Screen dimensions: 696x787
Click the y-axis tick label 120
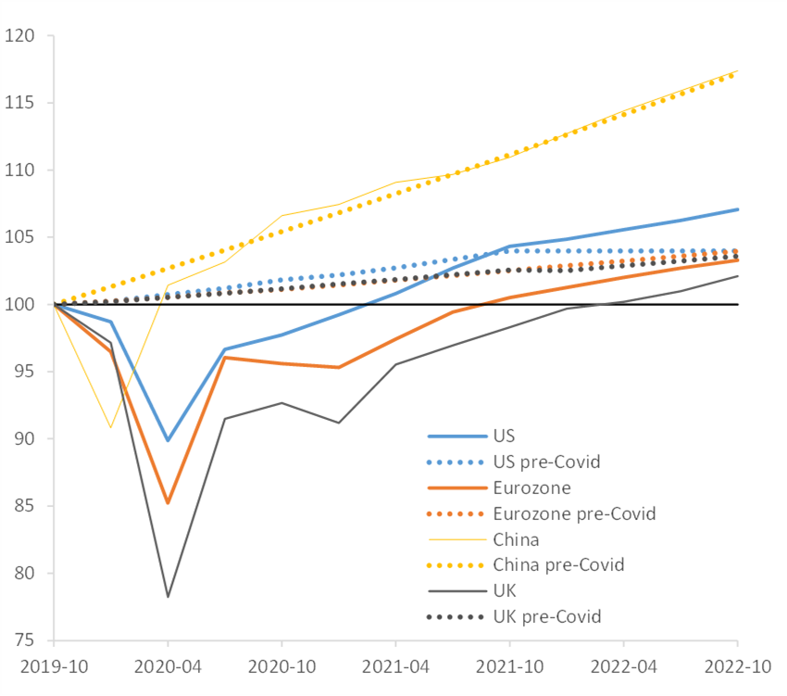tap(19, 36)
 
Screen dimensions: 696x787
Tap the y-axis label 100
tap(19, 305)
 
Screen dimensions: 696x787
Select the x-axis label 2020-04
tap(168, 667)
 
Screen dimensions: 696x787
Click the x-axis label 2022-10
tap(737, 667)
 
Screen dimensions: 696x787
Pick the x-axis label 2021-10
tap(509, 667)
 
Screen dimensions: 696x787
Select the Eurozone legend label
tap(532, 487)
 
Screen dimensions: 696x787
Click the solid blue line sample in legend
tap(456, 436)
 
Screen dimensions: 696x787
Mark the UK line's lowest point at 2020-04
tap(168, 597)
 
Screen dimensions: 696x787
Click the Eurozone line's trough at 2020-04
tap(168, 503)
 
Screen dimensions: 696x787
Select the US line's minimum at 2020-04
tap(168, 440)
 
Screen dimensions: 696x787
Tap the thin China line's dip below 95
tap(111, 427)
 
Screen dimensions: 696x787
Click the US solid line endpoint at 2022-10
tap(737, 209)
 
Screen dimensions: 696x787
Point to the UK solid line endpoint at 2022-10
tap(737, 276)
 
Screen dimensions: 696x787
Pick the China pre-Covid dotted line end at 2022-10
tap(737, 72)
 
